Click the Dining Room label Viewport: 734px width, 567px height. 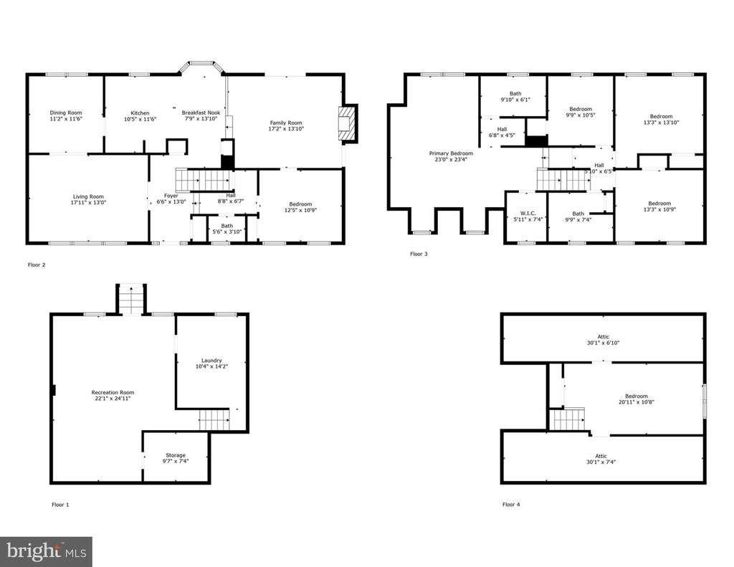(x=66, y=113)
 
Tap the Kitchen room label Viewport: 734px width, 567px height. (x=140, y=113)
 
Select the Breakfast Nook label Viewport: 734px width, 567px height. (x=201, y=113)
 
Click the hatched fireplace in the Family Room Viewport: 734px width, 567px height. (x=347, y=123)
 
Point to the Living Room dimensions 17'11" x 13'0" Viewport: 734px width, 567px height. (x=88, y=203)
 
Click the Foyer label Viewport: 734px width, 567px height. (x=171, y=196)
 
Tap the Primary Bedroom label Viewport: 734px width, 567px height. (x=451, y=153)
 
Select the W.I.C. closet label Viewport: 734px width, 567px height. (x=528, y=213)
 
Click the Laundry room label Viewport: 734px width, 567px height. (x=211, y=361)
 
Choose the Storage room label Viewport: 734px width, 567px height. (x=176, y=455)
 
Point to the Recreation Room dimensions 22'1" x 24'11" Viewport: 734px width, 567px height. (x=113, y=399)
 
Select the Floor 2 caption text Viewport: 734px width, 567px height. (x=37, y=265)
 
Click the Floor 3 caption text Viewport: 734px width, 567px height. (x=419, y=254)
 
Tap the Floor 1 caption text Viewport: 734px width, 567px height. (x=60, y=505)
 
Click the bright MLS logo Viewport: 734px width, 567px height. (x=46, y=551)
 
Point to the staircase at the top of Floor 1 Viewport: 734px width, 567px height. (x=131, y=299)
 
